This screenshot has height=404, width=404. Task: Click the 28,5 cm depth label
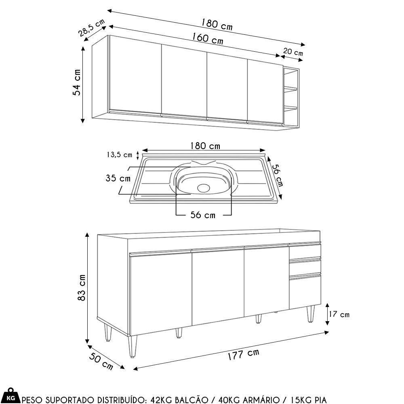(92, 28)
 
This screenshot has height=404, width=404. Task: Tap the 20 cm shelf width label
(293, 52)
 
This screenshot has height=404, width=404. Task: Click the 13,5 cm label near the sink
(119, 155)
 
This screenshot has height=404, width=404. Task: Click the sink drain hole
(204, 187)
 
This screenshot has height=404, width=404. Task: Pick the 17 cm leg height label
(339, 314)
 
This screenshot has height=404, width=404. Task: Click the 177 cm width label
(243, 355)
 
